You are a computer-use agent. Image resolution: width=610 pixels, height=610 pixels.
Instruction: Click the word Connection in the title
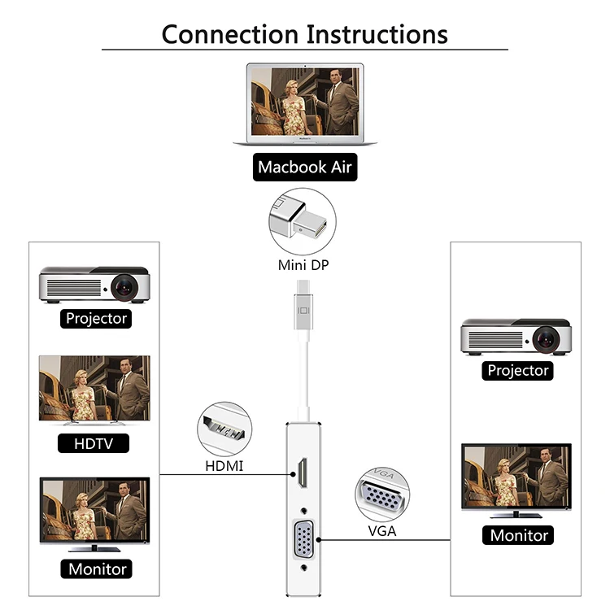click(230, 34)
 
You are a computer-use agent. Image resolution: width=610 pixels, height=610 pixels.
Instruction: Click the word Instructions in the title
click(377, 34)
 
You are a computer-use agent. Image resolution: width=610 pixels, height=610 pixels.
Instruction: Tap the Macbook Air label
click(305, 168)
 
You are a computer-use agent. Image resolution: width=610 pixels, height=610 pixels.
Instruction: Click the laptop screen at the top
click(305, 101)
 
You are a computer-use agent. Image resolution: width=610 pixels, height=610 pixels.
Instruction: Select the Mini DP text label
click(304, 264)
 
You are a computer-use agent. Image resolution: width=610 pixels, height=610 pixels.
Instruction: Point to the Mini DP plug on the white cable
click(303, 308)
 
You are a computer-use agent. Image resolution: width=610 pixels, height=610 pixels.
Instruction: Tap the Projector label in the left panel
click(96, 319)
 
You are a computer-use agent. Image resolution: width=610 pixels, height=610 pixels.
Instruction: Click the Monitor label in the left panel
click(96, 569)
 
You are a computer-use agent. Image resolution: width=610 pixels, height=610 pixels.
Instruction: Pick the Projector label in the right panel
click(518, 371)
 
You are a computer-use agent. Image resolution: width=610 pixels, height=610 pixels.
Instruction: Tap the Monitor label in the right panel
click(519, 535)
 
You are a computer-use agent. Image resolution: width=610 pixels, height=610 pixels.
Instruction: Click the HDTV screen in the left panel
click(94, 390)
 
